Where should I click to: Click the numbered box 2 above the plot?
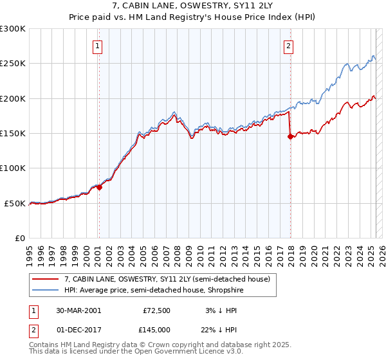point(289,46)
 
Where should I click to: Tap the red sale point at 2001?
point(99,188)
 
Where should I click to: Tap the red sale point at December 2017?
point(290,136)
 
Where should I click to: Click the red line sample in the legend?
point(46,280)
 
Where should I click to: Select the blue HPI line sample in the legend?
point(46,291)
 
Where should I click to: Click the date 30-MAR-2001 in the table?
point(78,310)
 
